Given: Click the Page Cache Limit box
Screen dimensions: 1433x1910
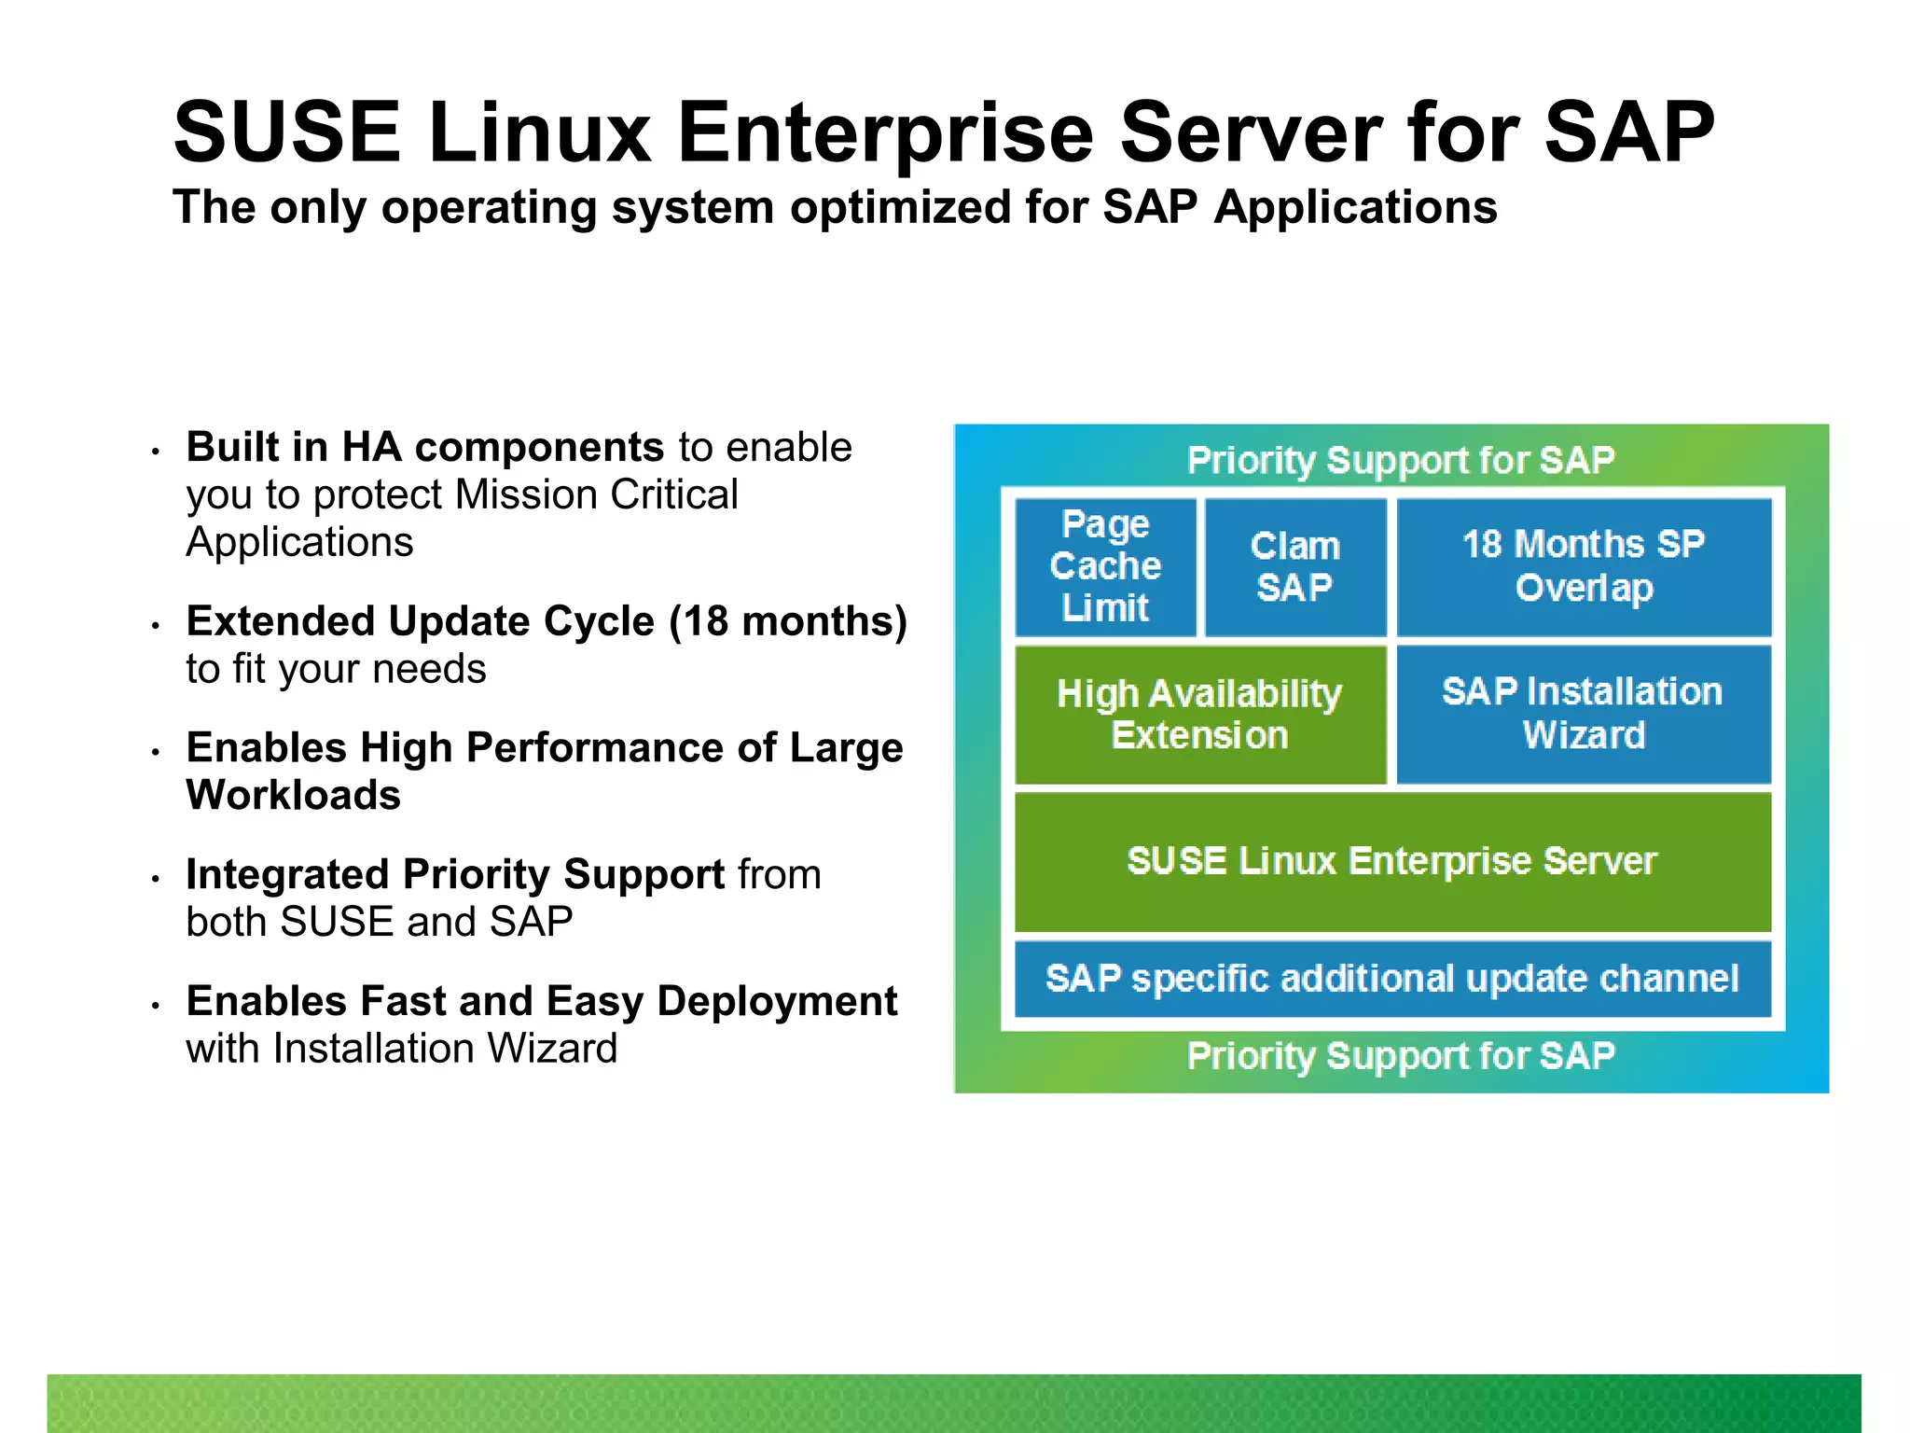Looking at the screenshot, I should (x=1105, y=566).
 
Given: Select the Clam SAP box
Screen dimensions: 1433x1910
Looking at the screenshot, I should (x=1294, y=566).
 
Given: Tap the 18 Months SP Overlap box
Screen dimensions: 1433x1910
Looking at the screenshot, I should (x=1583, y=566).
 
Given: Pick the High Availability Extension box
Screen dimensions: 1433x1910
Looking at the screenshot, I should (x=1199, y=715).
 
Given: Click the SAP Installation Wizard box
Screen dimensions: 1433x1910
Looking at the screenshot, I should (x=1583, y=714).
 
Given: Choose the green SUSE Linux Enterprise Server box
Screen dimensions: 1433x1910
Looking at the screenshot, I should (x=1391, y=861).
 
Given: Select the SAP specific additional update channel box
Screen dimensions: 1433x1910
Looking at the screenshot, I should (x=1391, y=979).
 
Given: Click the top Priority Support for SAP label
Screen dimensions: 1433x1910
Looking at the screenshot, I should (x=1400, y=460).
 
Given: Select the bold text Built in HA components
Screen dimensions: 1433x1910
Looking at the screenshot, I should (x=424, y=447).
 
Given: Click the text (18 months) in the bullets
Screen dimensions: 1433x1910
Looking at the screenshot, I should (x=788, y=621).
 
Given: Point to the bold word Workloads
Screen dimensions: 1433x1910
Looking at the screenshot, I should (x=293, y=796).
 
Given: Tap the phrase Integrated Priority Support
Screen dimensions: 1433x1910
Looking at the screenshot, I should (x=455, y=875).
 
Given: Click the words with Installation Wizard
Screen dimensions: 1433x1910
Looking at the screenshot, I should (x=401, y=1049).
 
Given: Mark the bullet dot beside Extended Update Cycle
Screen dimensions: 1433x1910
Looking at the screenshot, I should (x=157, y=626).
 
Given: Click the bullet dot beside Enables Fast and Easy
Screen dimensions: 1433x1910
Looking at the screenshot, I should (x=157, y=1006).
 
